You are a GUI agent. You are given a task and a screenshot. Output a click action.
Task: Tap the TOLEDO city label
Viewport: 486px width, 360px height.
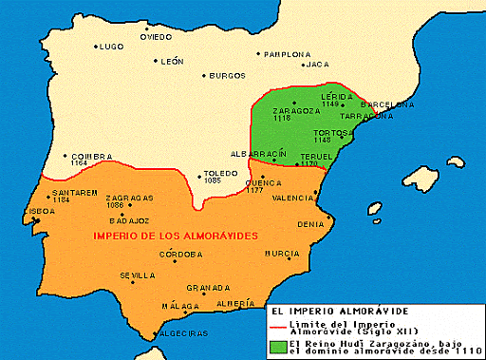222,173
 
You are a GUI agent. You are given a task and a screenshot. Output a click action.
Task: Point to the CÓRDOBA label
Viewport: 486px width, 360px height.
180,254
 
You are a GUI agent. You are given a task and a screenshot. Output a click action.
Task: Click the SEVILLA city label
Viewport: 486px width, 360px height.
137,275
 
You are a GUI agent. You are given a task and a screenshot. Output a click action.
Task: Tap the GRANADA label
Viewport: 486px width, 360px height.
210,288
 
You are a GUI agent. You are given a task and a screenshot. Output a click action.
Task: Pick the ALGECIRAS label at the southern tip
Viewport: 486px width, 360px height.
184,332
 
